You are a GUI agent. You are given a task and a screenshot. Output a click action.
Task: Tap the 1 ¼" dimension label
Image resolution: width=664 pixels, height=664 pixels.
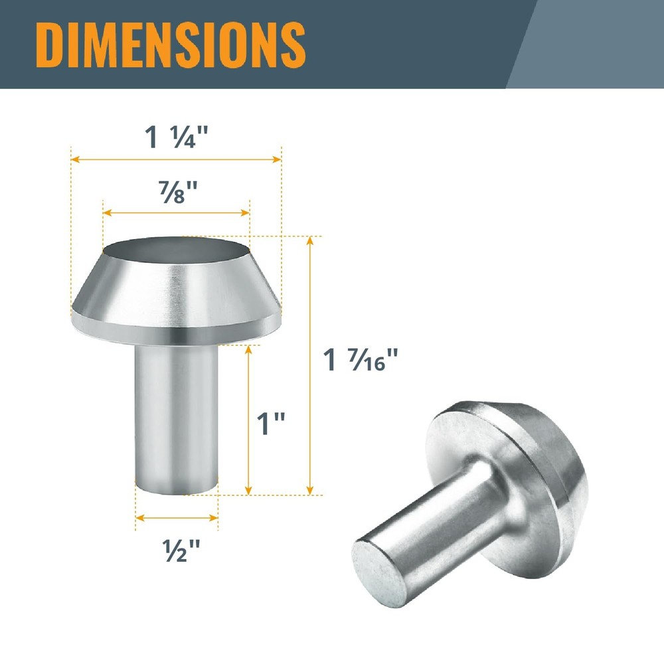pos(177,137)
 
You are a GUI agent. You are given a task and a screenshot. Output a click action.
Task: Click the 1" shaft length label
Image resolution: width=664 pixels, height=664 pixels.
pos(271,424)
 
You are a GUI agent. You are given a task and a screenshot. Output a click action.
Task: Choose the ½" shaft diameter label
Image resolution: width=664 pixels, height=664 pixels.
pos(177,548)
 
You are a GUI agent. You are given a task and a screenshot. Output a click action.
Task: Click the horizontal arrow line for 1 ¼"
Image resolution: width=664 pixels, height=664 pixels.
pos(177,159)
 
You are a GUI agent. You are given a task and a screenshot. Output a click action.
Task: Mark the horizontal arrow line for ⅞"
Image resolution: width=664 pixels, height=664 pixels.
pos(176,212)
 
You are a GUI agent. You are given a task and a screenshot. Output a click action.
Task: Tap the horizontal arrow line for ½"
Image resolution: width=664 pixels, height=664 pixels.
pos(177,517)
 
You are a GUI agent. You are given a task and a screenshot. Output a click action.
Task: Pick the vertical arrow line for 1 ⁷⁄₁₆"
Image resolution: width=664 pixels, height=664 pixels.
pos(309,365)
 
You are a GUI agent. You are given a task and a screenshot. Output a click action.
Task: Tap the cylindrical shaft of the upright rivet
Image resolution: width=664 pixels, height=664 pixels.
pos(176,412)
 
